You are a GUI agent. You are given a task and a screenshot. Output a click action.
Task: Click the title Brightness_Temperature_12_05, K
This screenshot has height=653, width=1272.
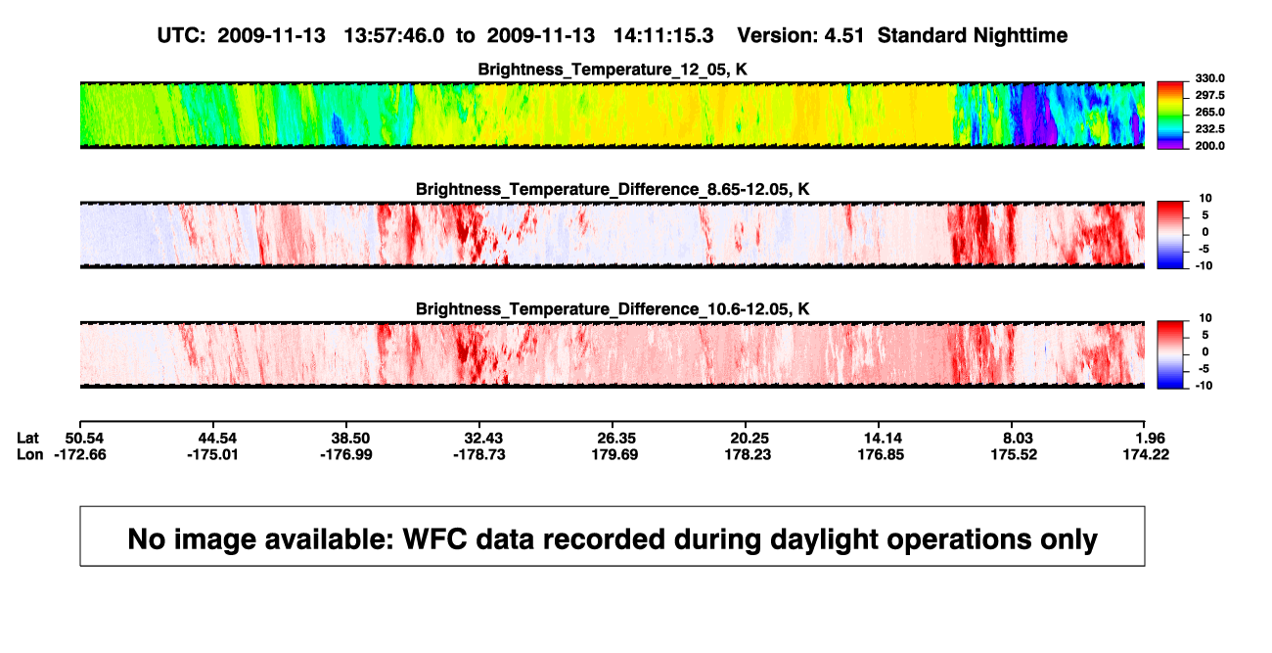[613, 70]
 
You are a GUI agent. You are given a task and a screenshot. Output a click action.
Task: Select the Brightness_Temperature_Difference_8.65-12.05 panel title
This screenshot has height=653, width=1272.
[613, 189]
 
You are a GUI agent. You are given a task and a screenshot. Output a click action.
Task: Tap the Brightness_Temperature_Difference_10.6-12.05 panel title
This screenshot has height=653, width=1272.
[613, 309]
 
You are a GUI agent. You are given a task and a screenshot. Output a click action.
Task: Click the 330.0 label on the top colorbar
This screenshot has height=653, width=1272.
[1209, 78]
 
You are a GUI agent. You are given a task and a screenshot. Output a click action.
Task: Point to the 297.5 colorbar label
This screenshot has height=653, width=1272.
[1209, 95]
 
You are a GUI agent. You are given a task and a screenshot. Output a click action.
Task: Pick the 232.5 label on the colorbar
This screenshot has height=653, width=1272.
[1209, 129]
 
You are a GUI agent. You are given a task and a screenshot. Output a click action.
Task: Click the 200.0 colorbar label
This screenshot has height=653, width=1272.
[1209, 146]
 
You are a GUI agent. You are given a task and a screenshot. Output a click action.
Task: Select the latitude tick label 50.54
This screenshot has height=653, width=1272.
[84, 439]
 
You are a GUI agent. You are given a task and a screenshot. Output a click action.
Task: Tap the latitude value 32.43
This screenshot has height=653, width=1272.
[483, 439]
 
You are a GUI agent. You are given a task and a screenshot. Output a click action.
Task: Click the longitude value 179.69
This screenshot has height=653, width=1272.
[614, 454]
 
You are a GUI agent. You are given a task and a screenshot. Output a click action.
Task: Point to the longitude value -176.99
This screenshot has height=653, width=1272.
[346, 454]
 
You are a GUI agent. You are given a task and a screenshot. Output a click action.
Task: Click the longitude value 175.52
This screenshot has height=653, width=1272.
[1014, 454]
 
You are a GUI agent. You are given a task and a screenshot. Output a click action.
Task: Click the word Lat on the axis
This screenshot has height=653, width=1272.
[27, 439]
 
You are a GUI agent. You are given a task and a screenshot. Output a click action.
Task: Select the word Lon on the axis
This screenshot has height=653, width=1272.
[29, 454]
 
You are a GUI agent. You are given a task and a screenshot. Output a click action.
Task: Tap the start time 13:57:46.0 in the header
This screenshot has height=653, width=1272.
[394, 36]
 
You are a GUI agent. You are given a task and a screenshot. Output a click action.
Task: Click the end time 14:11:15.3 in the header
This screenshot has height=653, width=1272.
[663, 36]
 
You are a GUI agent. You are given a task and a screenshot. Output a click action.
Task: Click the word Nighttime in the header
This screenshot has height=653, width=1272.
[1020, 36]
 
